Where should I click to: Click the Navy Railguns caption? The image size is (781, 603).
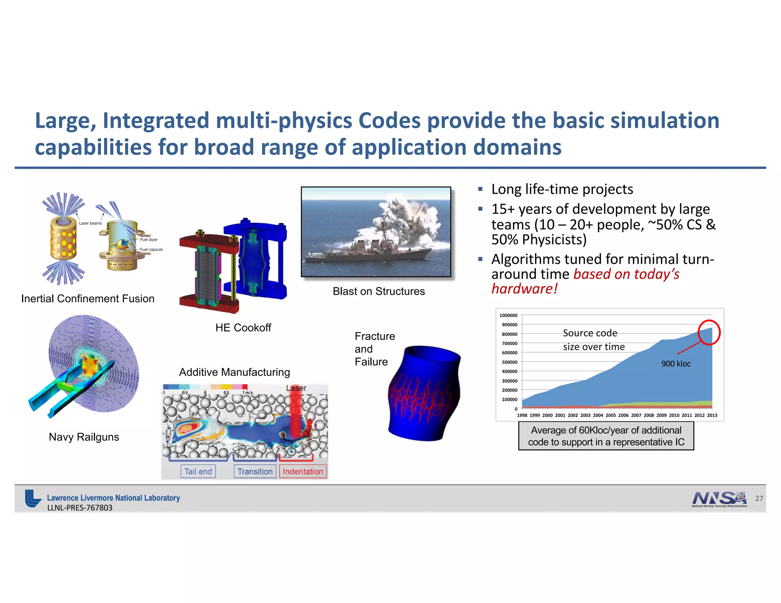point(84,437)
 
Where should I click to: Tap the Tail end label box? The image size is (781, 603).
point(198,471)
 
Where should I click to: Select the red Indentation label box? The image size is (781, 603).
point(303,471)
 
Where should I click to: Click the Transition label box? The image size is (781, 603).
point(255,471)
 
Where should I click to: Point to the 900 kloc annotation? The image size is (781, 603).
point(676,364)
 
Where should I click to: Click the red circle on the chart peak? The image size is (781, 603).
point(709,332)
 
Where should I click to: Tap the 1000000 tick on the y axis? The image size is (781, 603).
point(508,316)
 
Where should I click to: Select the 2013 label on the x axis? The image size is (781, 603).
point(712,415)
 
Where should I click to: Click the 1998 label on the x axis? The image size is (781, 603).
point(522,415)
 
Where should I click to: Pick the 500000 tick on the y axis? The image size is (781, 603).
point(509,362)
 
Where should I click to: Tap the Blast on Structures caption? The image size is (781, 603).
point(378,291)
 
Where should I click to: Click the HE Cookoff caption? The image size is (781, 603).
point(243,327)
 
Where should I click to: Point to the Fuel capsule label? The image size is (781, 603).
point(151,250)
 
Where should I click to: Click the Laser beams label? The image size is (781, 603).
point(90,223)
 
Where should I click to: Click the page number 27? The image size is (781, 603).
point(759,499)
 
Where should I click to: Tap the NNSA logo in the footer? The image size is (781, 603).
point(719,499)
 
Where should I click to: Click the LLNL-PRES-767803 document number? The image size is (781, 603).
point(80,508)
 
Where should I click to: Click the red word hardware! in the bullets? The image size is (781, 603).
point(524,289)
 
